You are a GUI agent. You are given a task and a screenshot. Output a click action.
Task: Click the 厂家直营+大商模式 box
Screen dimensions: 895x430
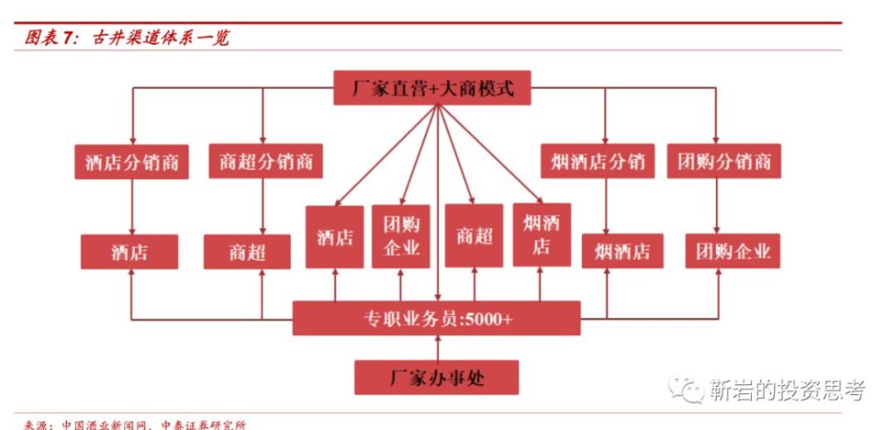coord(432,88)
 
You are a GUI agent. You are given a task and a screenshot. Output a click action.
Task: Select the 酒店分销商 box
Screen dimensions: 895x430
coord(132,161)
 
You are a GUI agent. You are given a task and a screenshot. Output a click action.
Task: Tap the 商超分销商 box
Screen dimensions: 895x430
coord(266,161)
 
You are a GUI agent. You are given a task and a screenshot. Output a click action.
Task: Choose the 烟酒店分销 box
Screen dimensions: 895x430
coord(598,161)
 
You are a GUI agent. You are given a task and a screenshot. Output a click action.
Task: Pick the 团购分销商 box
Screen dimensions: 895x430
coord(724,161)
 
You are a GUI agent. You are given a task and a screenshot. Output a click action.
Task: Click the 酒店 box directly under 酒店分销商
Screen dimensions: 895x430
coord(130,252)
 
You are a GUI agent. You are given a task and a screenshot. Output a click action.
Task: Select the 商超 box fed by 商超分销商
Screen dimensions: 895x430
coord(247,252)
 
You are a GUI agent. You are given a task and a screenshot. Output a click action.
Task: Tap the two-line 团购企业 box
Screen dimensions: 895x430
coord(401,236)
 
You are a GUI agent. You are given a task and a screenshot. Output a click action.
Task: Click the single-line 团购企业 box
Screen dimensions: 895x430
coord(732,251)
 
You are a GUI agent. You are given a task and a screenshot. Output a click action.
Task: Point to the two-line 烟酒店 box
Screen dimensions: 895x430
coord(541,235)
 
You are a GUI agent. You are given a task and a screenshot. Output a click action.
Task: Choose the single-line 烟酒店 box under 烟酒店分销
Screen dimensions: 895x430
coord(622,251)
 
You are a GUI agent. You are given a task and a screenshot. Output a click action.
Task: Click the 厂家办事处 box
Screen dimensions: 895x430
coord(437,377)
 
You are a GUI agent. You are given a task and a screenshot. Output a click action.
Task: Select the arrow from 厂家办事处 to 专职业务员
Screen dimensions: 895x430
coord(438,348)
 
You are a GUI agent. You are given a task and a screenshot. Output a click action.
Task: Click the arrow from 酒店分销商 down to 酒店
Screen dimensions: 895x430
coord(132,207)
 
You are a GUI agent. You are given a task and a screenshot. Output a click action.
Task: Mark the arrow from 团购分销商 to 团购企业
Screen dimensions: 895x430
coord(716,206)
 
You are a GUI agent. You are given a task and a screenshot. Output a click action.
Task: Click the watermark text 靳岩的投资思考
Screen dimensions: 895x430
coord(788,390)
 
